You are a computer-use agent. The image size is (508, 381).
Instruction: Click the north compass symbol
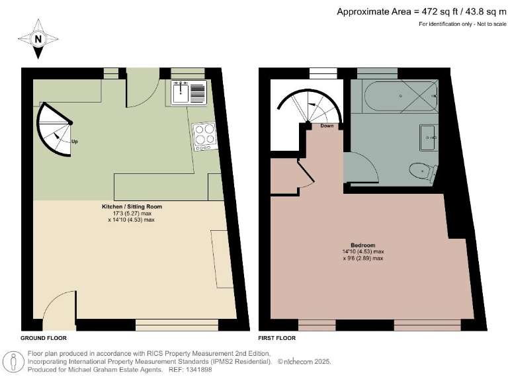tap(38, 38)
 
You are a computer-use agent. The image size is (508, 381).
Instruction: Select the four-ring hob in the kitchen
tap(204, 135)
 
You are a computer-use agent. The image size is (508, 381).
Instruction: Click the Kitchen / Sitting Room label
tap(132, 206)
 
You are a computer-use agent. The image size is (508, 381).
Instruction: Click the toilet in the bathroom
tap(421, 172)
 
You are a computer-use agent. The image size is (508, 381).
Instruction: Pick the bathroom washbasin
tap(427, 137)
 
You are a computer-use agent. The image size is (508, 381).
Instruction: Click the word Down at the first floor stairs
tap(327, 126)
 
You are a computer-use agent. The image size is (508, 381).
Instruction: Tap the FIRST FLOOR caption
tap(276, 337)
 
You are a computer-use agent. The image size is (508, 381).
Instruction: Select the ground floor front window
tap(176, 325)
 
